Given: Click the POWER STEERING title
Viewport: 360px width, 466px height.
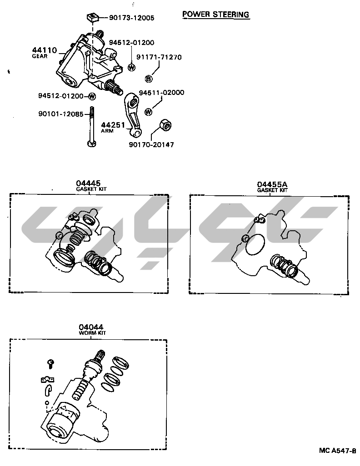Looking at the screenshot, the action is [216, 14].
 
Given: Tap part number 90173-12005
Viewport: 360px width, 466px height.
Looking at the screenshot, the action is [132, 18].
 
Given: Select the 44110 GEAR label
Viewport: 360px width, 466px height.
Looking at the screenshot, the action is [45, 52].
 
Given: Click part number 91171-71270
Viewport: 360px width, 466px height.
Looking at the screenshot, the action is [159, 57].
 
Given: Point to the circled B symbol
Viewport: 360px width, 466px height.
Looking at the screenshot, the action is [149, 79].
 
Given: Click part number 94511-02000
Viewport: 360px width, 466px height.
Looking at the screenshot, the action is [161, 92].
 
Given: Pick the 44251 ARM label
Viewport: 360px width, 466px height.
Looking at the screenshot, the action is [113, 127].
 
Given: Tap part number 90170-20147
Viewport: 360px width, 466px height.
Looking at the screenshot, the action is [151, 145].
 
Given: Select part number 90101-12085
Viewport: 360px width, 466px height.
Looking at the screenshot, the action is [61, 114].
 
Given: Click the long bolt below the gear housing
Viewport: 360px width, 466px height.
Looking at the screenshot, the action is [92, 127].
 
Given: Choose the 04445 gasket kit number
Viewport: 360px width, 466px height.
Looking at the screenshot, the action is [88, 183].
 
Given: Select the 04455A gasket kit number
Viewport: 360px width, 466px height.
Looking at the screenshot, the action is [272, 184].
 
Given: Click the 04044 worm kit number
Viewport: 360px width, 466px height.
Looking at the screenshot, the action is [91, 327].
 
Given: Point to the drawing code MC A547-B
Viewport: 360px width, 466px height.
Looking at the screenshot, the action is [337, 451].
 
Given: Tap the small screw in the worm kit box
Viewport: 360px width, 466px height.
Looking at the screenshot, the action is [51, 364].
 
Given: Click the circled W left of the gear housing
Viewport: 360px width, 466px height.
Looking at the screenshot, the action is [93, 96].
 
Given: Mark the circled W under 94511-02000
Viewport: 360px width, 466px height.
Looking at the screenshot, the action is [149, 112].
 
